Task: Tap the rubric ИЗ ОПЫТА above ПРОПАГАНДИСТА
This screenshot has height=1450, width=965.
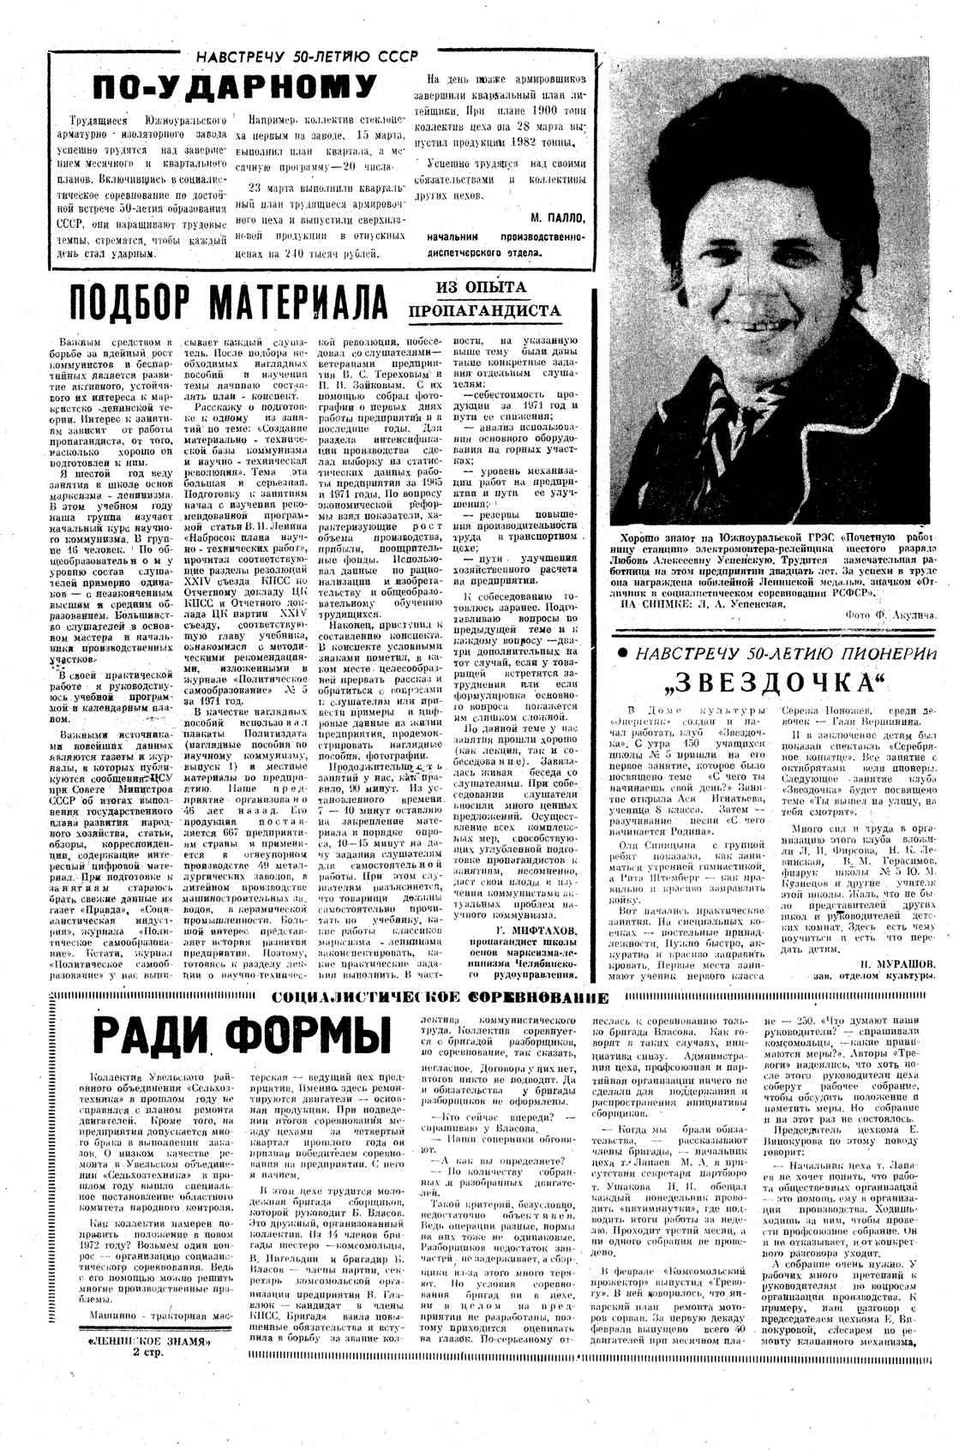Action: (x=482, y=288)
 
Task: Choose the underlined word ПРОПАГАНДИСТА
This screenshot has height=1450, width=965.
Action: (x=485, y=310)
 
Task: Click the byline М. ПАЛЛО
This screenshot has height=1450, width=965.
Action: (x=557, y=217)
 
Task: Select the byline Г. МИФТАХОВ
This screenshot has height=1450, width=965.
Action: (x=528, y=930)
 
